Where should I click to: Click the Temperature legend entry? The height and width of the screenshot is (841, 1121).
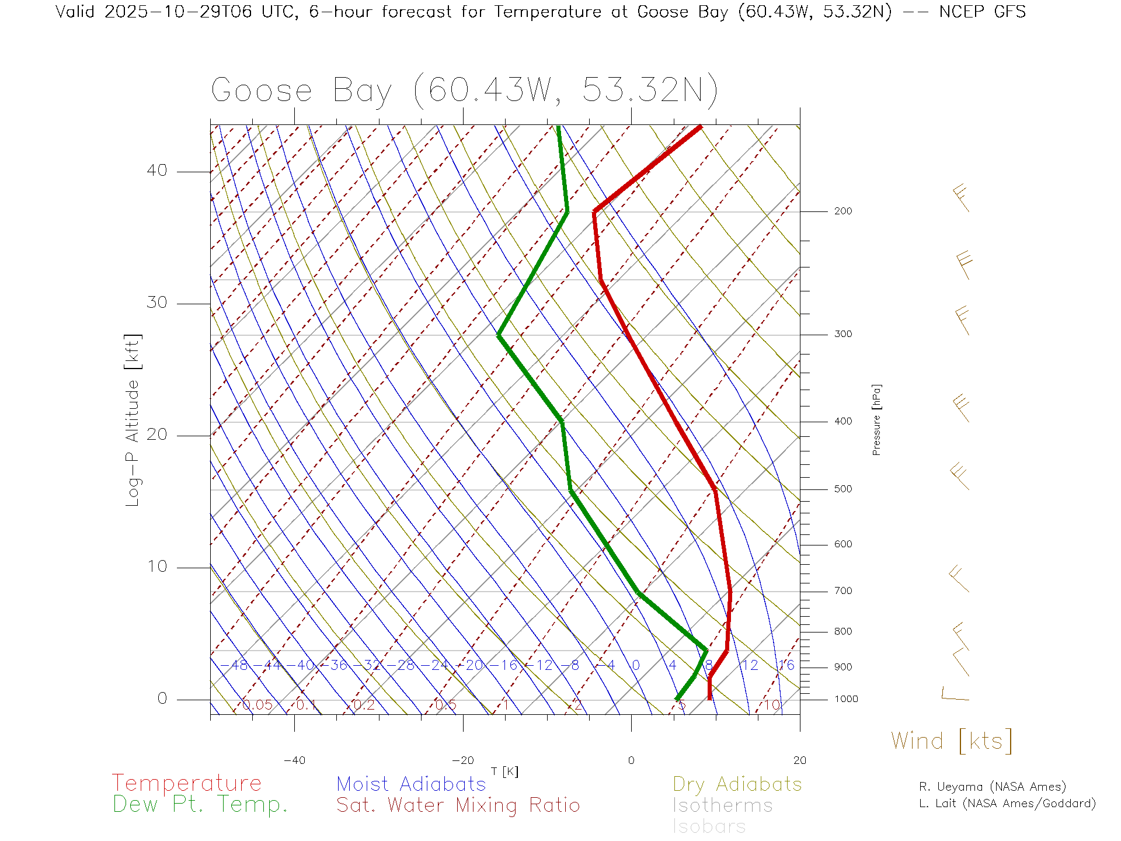point(186,783)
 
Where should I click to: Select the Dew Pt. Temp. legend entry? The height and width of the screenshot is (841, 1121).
point(200,804)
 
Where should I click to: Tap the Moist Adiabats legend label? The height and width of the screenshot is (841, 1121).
point(411,784)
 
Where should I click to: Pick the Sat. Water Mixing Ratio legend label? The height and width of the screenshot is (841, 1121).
point(458,805)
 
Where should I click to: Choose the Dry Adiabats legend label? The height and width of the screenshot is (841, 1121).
point(737,784)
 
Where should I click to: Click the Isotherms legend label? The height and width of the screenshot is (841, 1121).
point(722,805)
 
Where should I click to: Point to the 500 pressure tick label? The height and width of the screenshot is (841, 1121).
point(843,489)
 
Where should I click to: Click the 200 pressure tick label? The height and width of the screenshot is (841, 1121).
point(843,211)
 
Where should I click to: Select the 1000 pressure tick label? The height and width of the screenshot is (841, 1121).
point(845,699)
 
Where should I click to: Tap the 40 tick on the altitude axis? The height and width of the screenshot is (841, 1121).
point(156,171)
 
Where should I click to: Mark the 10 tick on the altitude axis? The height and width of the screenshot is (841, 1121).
point(156,567)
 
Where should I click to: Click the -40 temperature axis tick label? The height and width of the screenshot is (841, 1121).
point(294,760)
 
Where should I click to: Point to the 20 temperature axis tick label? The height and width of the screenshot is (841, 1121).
point(799,760)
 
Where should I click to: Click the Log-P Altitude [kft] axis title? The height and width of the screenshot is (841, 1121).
point(133,420)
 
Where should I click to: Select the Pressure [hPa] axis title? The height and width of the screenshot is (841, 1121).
point(876,420)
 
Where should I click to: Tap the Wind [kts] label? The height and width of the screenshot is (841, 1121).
point(952,741)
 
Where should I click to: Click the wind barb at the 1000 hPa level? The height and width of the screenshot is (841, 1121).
point(955,695)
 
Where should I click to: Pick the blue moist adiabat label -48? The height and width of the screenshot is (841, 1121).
point(235,665)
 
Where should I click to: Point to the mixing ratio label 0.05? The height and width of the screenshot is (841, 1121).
point(257,705)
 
